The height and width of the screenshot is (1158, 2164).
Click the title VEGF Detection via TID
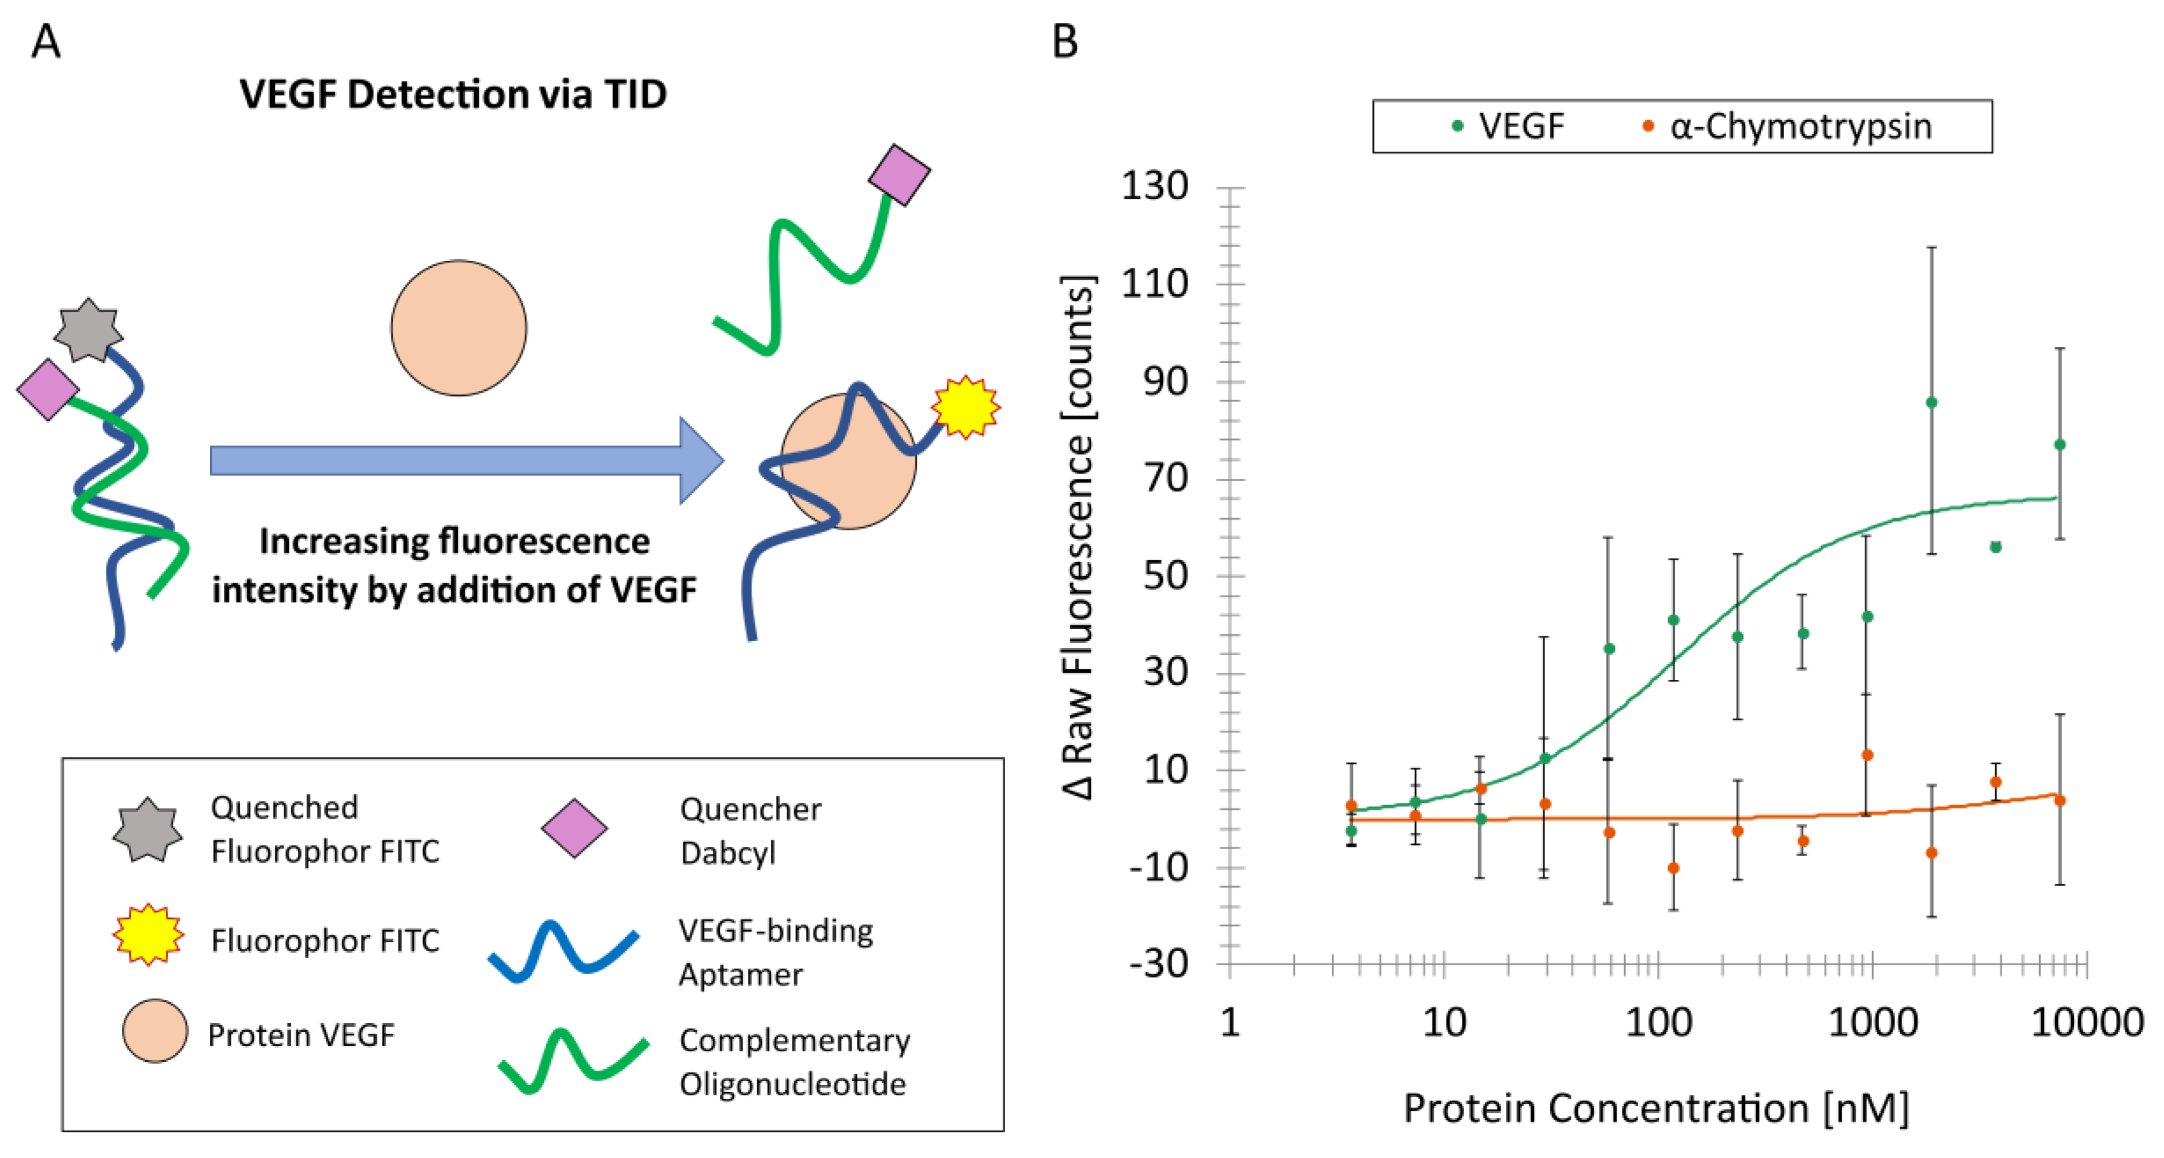[453, 94]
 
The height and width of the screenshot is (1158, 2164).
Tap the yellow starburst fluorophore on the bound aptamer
[965, 407]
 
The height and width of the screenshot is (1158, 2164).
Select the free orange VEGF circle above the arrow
[459, 328]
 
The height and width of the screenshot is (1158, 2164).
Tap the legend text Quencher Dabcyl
[750, 830]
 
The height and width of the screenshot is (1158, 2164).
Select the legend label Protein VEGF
[301, 1036]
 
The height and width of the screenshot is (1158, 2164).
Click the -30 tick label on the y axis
[1158, 964]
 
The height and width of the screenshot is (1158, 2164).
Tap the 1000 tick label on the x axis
[1873, 1023]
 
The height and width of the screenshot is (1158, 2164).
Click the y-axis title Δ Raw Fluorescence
[1078, 537]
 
